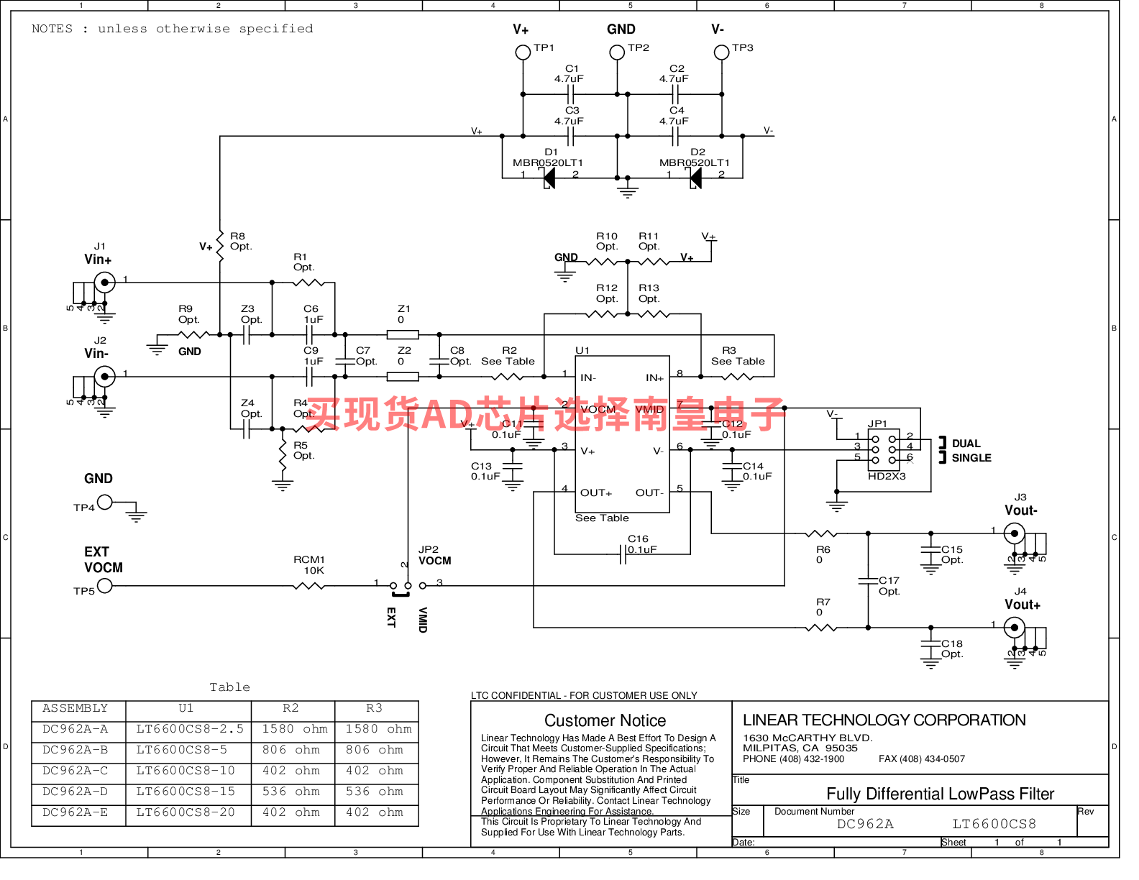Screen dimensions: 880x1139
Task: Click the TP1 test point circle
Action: (523, 52)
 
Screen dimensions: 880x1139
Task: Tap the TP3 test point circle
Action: (721, 52)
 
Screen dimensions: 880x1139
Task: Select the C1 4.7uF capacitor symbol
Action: (571, 94)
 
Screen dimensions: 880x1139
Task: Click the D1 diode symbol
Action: (549, 178)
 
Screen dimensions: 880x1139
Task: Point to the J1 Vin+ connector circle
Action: (105, 283)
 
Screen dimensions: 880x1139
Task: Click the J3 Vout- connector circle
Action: (1015, 533)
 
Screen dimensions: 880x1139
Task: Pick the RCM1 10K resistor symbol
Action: (309, 586)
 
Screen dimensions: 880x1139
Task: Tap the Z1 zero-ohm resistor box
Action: (403, 334)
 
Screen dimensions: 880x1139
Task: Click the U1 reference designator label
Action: (582, 350)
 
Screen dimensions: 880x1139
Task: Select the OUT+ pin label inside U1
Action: (596, 493)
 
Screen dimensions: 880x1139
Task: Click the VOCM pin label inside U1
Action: (598, 410)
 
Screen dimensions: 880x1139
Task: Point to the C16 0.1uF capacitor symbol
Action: (623, 554)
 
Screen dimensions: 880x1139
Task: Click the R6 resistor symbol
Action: (821, 533)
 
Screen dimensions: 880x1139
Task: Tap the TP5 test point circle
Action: (105, 586)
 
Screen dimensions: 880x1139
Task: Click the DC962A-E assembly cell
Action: (76, 812)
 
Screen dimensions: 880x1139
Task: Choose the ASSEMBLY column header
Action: (76, 708)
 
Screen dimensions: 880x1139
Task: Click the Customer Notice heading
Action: (605, 720)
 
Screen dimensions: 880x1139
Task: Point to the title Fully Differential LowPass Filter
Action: (940, 794)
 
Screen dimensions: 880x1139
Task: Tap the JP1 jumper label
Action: (877, 424)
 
